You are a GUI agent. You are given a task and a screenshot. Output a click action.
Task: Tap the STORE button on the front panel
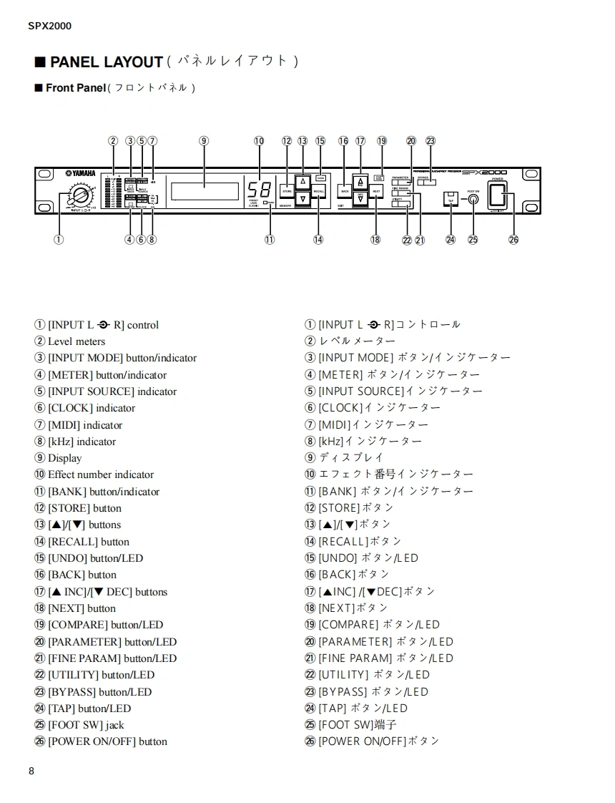tap(287, 192)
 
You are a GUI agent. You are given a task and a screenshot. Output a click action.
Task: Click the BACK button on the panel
tap(345, 192)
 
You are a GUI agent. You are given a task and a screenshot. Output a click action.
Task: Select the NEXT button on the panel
tap(376, 192)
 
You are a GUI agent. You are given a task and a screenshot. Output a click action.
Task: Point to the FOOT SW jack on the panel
tap(473, 200)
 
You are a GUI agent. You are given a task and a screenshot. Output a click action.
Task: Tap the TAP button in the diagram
tap(451, 198)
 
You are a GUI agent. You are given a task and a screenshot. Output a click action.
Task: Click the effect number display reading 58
tap(259, 191)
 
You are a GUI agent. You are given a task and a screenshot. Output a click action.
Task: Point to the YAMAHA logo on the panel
tap(80, 173)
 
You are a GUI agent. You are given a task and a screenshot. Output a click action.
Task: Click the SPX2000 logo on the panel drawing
tap(484, 172)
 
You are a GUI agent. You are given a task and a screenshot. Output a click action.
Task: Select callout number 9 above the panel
tap(204, 141)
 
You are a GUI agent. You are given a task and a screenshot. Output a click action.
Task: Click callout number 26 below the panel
tap(513, 240)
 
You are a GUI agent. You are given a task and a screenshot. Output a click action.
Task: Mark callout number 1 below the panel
tap(59, 240)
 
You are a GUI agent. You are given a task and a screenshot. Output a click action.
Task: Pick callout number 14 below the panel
tap(318, 240)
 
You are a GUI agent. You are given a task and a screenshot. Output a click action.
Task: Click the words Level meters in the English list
tap(76, 341)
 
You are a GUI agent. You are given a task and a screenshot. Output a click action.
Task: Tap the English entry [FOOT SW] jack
tap(85, 725)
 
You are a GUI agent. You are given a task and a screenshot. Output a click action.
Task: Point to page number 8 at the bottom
tap(31, 771)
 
